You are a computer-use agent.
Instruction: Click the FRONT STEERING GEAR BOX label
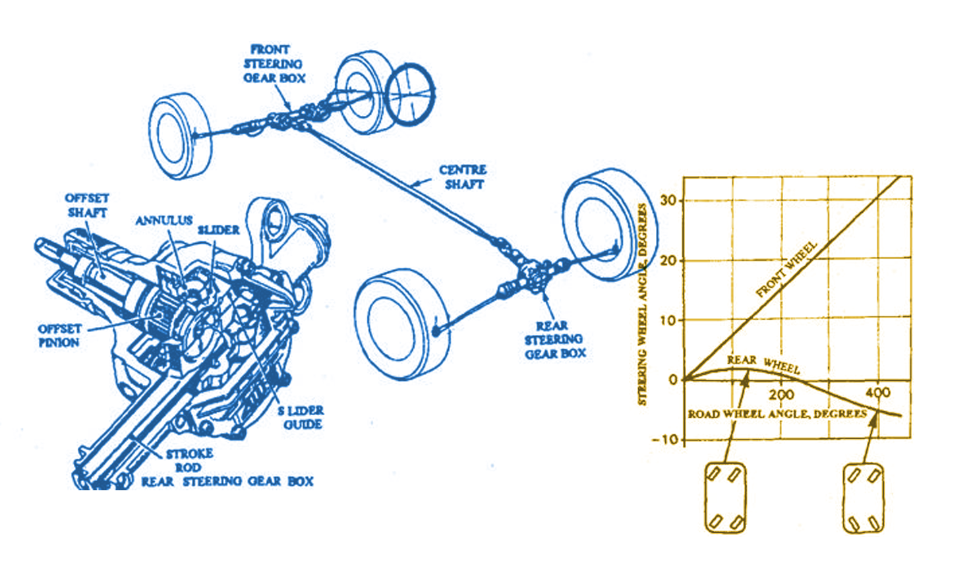pos(274,64)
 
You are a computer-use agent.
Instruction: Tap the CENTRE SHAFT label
pos(463,177)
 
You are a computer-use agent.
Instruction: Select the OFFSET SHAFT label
pos(87,205)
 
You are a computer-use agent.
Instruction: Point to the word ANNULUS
pos(164,221)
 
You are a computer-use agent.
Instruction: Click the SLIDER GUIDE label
pos(301,418)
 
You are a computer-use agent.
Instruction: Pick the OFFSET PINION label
pos(59,335)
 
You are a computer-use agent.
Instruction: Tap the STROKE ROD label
pos(189,461)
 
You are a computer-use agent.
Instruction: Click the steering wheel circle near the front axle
pos(409,94)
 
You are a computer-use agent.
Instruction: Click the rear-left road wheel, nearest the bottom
pos(397,324)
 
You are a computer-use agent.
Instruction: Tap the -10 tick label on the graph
pos(665,440)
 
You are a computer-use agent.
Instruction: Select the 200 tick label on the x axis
pos(781,395)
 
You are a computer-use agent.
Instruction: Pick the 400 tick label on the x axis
pos(878,393)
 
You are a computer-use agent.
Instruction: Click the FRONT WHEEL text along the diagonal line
pos(786,270)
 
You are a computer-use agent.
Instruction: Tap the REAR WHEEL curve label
pos(763,363)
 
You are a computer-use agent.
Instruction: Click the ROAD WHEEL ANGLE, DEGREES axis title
pos(777,414)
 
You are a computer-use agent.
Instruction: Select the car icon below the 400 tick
pos(863,498)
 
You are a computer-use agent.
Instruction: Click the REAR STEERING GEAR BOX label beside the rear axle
pos(554,340)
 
